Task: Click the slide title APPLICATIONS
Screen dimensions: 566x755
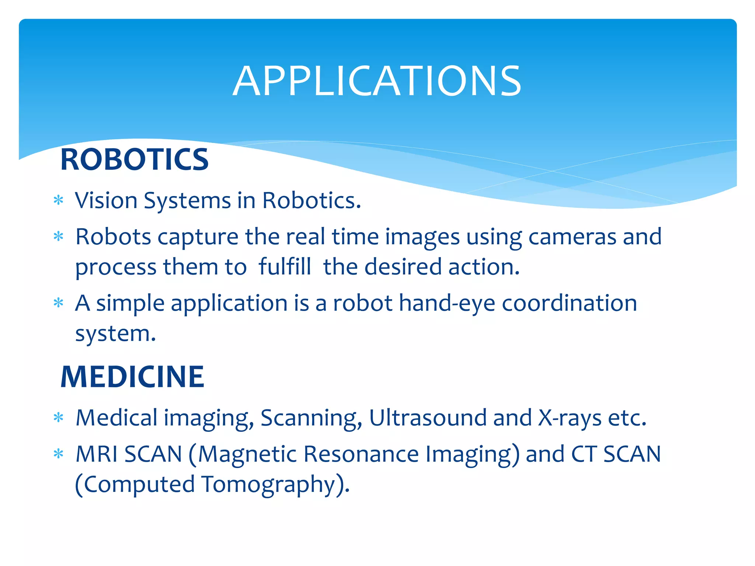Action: click(377, 81)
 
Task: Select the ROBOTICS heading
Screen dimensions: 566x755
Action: click(135, 160)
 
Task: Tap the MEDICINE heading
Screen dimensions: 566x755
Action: click(132, 377)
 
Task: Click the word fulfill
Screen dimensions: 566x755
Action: click(285, 266)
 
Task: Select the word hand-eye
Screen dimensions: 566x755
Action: click(447, 304)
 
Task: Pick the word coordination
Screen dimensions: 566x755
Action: click(570, 303)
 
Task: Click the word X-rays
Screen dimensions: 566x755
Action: click(570, 418)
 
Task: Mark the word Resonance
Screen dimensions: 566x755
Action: click(361, 454)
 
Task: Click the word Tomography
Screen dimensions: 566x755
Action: click(268, 485)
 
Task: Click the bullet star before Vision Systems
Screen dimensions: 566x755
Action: click(59, 200)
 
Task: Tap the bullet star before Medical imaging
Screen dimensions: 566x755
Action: click(59, 418)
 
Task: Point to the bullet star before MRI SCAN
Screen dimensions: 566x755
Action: click(59, 454)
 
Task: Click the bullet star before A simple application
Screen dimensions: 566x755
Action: click(59, 303)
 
